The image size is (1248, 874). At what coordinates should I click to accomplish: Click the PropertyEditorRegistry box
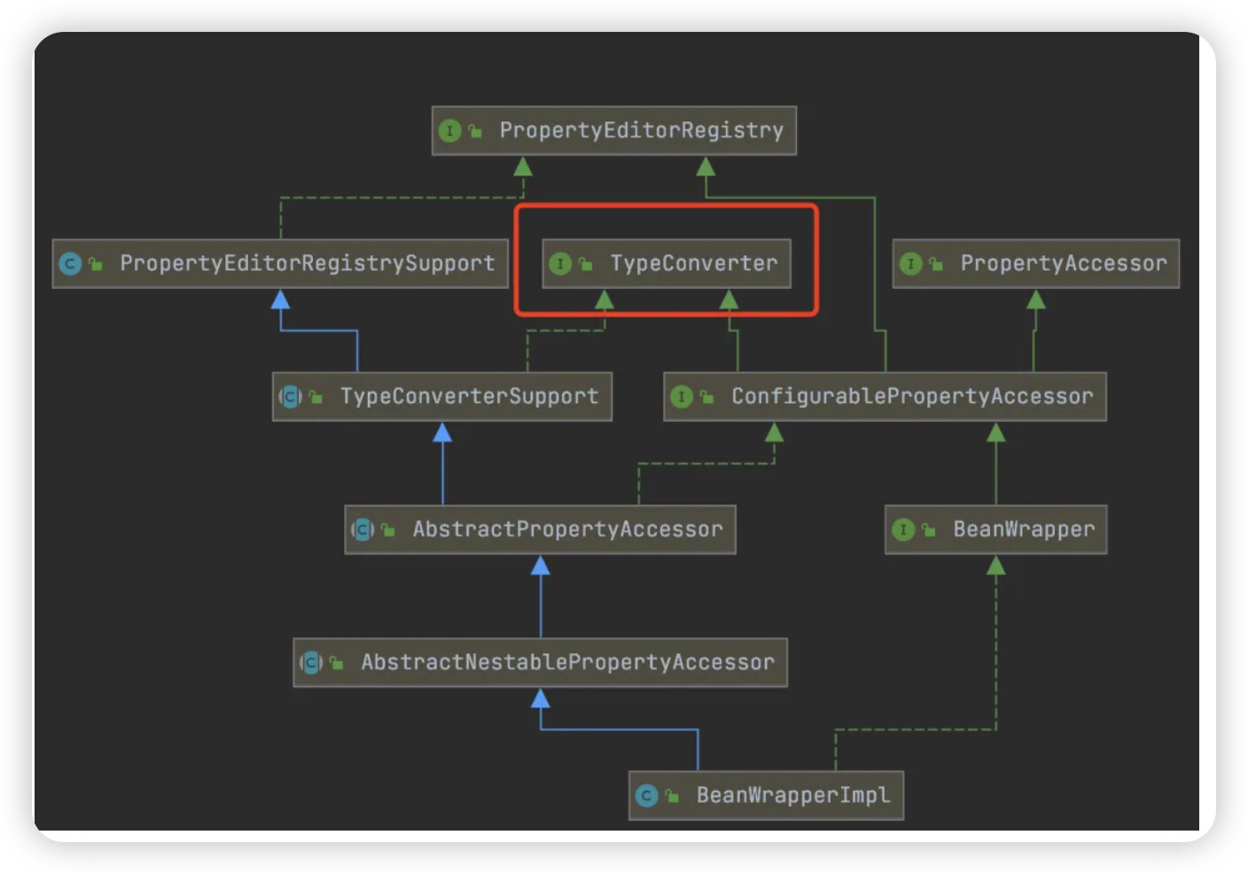pyautogui.click(x=614, y=130)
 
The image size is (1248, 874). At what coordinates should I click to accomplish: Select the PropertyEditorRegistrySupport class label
pyautogui.click(x=308, y=263)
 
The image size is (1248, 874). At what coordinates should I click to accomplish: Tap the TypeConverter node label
pyautogui.click(x=694, y=263)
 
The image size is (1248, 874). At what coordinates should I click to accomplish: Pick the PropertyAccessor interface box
pyautogui.click(x=1036, y=263)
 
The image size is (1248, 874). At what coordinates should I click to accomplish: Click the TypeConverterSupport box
pyautogui.click(x=441, y=396)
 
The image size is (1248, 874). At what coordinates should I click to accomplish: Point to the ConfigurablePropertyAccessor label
pyautogui.click(x=913, y=396)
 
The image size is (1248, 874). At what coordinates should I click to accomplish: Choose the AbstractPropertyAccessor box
pyautogui.click(x=540, y=529)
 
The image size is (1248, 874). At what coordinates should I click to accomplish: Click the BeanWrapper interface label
pyautogui.click(x=1024, y=529)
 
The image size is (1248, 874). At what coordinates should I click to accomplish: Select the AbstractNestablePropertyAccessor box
pyautogui.click(x=540, y=662)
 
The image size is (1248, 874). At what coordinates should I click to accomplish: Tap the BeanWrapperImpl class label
pyautogui.click(x=793, y=795)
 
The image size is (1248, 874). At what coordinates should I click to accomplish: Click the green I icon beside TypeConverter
pyautogui.click(x=560, y=263)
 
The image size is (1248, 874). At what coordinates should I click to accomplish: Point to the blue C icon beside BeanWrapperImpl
pyautogui.click(x=646, y=795)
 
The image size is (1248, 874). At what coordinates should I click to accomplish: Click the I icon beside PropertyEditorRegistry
pyautogui.click(x=449, y=131)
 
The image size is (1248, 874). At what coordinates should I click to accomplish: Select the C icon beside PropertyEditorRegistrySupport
pyautogui.click(x=70, y=263)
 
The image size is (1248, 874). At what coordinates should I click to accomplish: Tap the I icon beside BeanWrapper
pyautogui.click(x=903, y=529)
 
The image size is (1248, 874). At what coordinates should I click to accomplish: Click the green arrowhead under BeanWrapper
pyautogui.click(x=996, y=565)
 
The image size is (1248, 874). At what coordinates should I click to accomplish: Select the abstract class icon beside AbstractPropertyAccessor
pyautogui.click(x=363, y=529)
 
